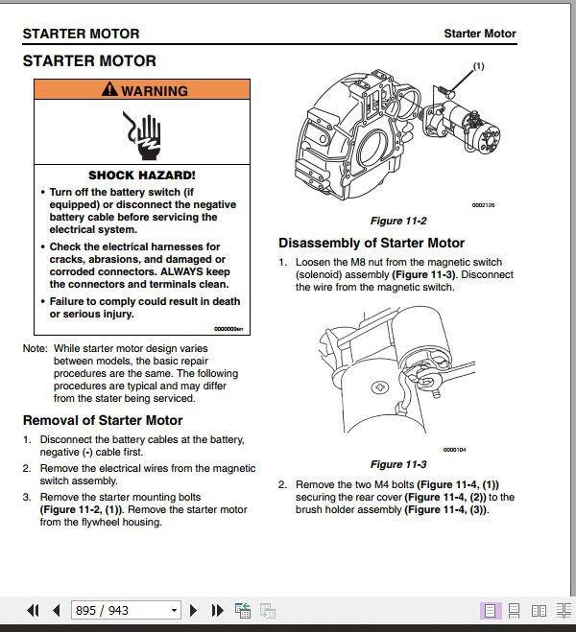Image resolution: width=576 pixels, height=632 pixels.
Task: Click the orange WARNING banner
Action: (142, 90)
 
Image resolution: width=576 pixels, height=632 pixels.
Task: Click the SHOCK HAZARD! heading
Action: (142, 176)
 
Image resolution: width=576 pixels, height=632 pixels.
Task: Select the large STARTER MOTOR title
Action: (88, 61)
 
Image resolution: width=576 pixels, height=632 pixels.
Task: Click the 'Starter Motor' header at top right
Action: (479, 34)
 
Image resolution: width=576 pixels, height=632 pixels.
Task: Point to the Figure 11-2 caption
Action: (398, 221)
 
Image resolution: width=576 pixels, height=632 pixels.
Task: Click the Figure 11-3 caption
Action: (398, 464)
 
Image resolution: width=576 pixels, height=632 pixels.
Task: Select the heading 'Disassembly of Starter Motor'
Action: (372, 244)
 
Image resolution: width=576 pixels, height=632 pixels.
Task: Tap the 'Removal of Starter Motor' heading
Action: (102, 420)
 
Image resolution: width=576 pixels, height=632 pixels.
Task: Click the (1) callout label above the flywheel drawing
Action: (478, 66)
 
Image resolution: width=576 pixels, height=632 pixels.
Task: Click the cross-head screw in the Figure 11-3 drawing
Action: (382, 389)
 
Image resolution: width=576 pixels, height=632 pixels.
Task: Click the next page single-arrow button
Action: (194, 610)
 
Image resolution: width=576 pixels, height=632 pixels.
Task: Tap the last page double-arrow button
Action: (217, 610)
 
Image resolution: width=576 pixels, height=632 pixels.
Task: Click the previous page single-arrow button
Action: (57, 610)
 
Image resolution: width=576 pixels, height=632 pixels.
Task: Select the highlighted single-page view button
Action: (490, 610)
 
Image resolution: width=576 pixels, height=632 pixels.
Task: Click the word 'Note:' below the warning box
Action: (35, 348)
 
